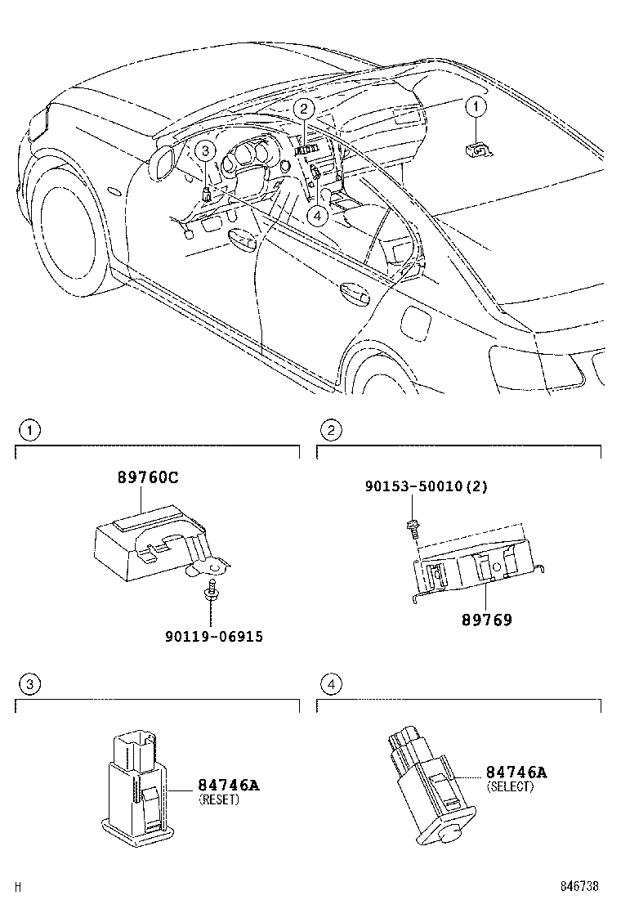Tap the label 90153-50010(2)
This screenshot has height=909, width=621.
pyautogui.click(x=427, y=486)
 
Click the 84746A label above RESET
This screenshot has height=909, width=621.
pyautogui.click(x=228, y=786)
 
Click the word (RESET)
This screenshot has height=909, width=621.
pyautogui.click(x=219, y=800)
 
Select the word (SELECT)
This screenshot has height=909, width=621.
pyautogui.click(x=510, y=786)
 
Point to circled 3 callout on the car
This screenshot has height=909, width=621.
pyautogui.click(x=206, y=150)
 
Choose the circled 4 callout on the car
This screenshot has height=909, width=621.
pyautogui.click(x=318, y=214)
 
